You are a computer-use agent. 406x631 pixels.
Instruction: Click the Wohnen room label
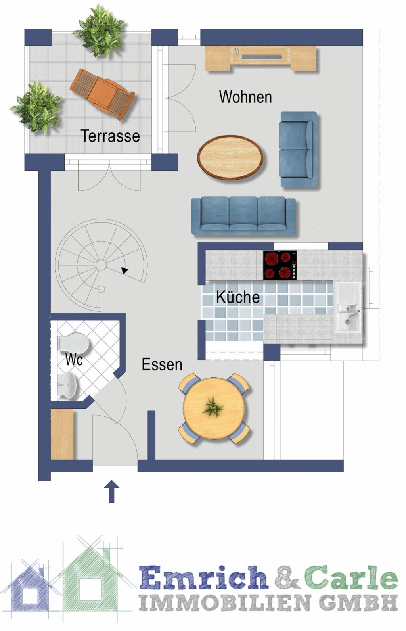245,97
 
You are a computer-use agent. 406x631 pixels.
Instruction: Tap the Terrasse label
110,136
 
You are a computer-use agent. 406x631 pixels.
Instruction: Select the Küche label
238,297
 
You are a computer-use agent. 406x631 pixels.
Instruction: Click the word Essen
162,364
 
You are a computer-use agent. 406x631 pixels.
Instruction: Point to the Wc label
74,359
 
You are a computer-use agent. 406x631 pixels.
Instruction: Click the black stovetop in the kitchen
280,265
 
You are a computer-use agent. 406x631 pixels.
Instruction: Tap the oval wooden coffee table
230,157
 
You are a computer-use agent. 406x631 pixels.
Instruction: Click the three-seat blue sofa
243,216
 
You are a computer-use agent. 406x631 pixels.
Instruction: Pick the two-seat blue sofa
299,149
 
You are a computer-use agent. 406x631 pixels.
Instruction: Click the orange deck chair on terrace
102,94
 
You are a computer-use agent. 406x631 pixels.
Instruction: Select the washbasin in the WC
69,385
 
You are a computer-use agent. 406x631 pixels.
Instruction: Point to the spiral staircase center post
101,265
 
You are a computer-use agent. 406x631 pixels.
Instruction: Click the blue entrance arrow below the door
111,491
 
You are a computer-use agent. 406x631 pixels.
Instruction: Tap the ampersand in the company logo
287,577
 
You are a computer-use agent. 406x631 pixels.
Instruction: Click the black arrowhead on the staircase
125,270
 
